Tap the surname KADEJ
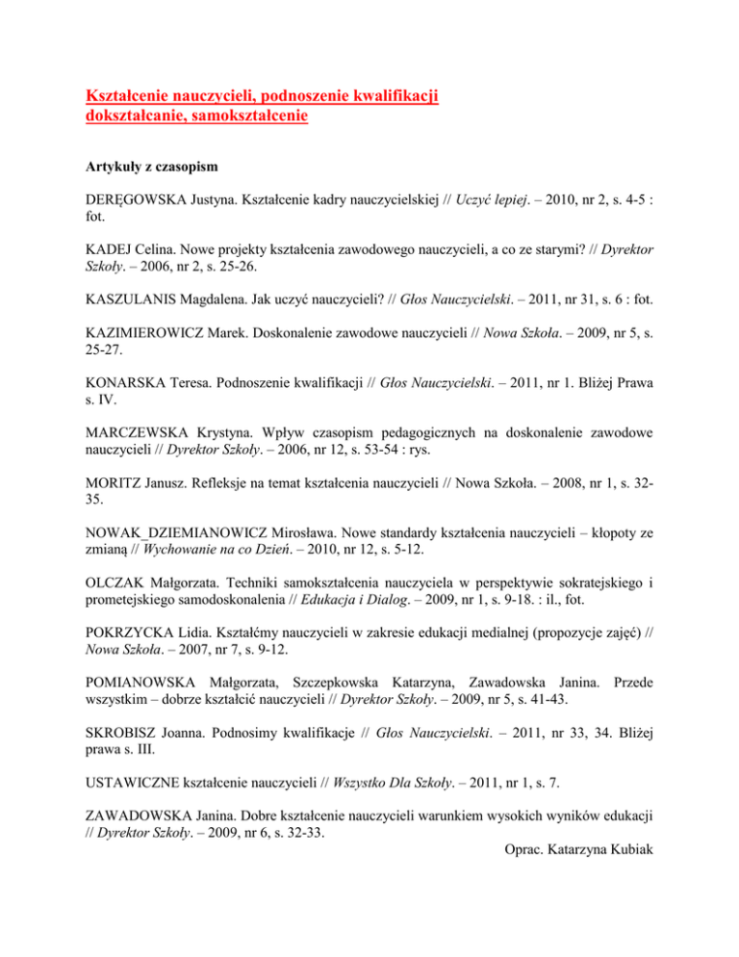tap(102, 249)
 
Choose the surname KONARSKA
tap(120, 381)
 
